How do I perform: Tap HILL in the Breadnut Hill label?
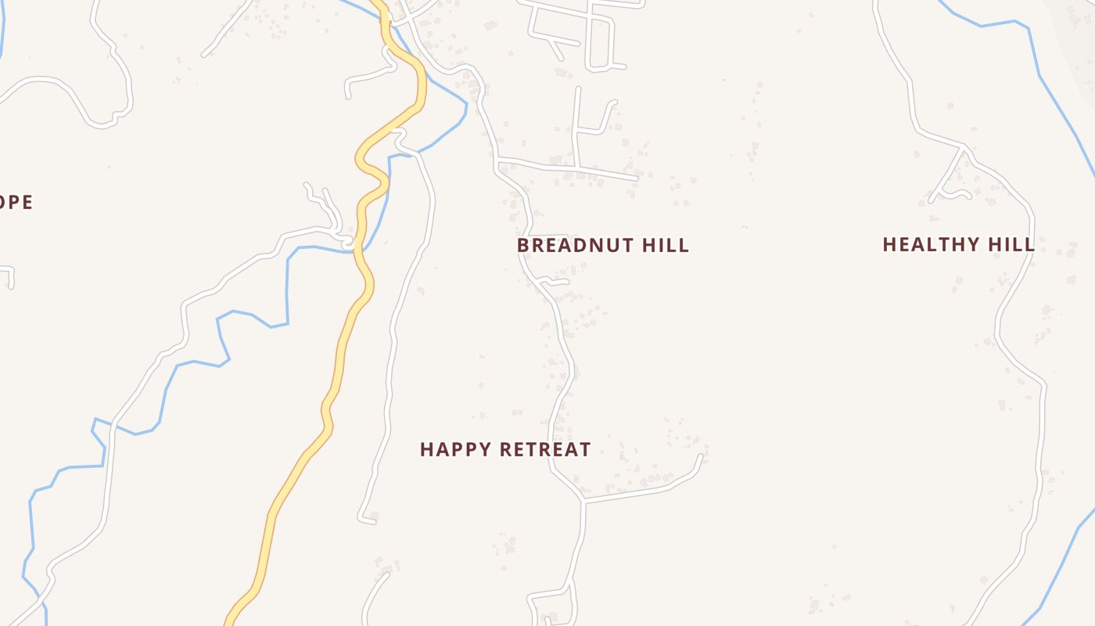pos(665,245)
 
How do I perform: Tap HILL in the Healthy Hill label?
pos(1011,244)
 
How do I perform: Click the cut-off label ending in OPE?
pos(16,202)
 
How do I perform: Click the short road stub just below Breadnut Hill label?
pos(555,280)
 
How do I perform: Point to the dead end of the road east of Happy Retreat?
pos(701,456)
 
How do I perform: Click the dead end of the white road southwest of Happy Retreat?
pos(361,518)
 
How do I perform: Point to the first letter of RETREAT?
pos(505,449)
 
